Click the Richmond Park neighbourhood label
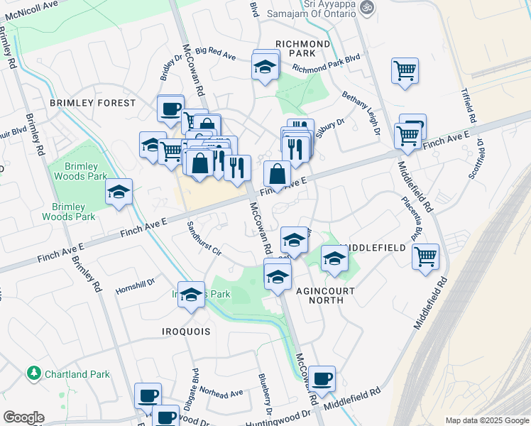coord(303,48)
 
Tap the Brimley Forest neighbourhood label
coord(92,103)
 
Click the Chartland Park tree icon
coord(33,373)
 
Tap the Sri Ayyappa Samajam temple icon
coord(366,8)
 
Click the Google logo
coord(23,417)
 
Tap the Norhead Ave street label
coord(221,391)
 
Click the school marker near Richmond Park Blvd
coord(265,67)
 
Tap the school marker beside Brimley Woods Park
coord(119,191)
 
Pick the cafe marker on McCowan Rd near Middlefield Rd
coord(322,378)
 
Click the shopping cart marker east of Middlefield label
coord(425,256)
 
